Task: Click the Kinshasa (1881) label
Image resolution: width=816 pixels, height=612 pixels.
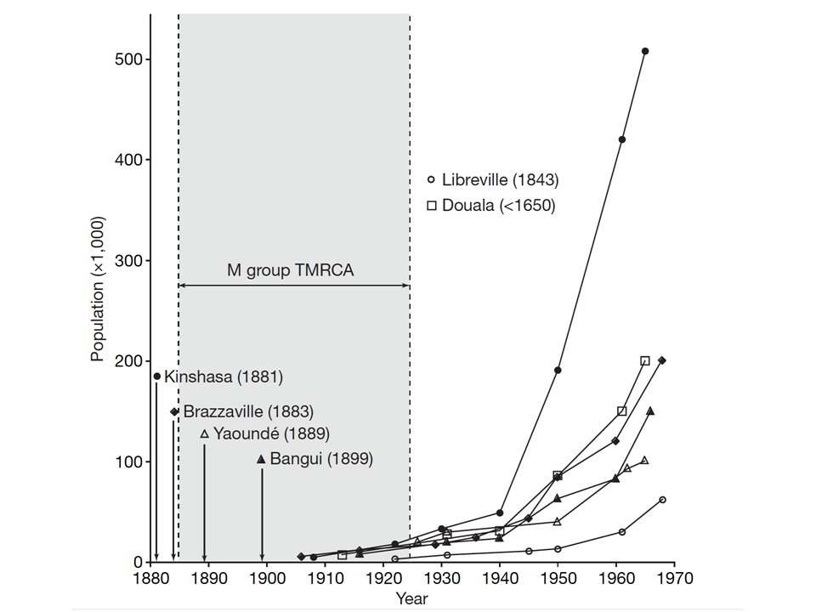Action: (224, 376)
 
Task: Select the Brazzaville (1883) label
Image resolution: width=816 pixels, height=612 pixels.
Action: (248, 411)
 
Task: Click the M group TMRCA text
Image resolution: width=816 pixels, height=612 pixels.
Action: (290, 271)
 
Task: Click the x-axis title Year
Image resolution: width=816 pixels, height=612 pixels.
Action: (412, 598)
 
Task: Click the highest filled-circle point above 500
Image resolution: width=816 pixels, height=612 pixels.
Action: (645, 51)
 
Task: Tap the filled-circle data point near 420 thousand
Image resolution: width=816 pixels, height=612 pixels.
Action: (622, 139)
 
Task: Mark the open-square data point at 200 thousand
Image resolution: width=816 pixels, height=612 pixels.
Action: (645, 361)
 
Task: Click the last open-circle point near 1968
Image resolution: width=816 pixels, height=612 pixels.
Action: (662, 500)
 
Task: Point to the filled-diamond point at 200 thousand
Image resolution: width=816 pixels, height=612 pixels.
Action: (662, 360)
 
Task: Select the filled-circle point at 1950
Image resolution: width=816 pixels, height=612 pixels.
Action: (558, 370)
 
